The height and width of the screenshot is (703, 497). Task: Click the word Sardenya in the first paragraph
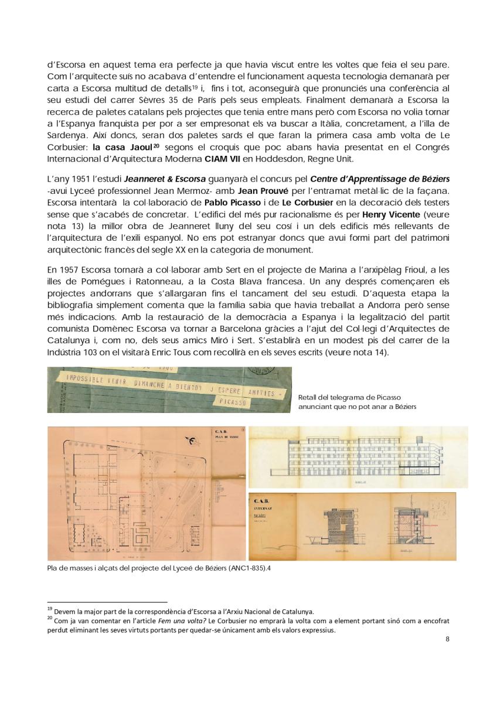coord(66,134)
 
